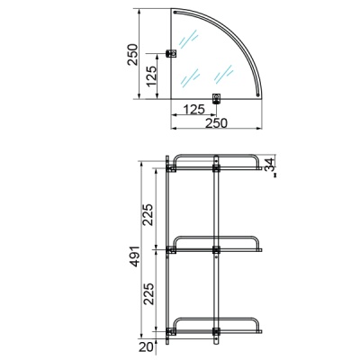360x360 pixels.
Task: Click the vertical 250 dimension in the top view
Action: coord(132,55)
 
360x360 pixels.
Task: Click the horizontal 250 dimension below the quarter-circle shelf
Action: coord(216,123)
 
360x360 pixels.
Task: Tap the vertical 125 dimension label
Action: coord(151,76)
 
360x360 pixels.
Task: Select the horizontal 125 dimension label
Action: coord(193,109)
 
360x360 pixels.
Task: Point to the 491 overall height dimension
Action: coord(135,256)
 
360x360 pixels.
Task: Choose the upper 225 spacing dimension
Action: coord(148,214)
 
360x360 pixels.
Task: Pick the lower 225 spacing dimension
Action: coord(148,293)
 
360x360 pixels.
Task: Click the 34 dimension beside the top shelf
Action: coord(270,165)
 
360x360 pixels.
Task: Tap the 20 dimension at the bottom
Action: coord(146,347)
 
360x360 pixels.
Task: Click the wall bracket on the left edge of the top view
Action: coord(171,54)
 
